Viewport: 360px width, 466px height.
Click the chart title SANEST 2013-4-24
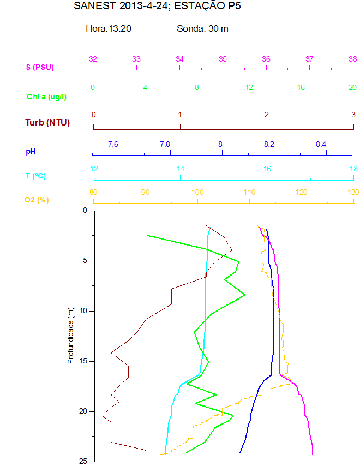pos(157,7)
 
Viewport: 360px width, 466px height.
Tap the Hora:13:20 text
pos(109,28)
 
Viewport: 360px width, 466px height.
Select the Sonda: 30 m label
pos(202,28)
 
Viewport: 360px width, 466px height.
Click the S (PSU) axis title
pos(40,67)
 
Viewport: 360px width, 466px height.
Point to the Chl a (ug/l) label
pos(47,97)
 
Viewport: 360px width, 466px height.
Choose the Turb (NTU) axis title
pos(47,122)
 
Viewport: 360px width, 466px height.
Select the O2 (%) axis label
pos(37,200)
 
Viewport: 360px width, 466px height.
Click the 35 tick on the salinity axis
pos(223,59)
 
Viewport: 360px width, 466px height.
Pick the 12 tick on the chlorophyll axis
pos(249,87)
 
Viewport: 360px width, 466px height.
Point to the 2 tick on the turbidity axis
pos(267,115)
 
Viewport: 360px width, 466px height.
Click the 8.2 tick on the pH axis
pos(269,144)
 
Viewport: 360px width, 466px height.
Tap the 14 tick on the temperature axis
pos(181,169)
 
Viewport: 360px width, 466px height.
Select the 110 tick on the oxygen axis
pos(249,192)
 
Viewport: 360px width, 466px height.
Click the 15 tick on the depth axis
pos(84,361)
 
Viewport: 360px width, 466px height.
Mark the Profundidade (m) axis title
pos(70,336)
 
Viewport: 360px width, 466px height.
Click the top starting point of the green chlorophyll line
pos(148,236)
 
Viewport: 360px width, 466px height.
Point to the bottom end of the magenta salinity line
pos(313,453)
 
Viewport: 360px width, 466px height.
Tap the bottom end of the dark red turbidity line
pos(146,450)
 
